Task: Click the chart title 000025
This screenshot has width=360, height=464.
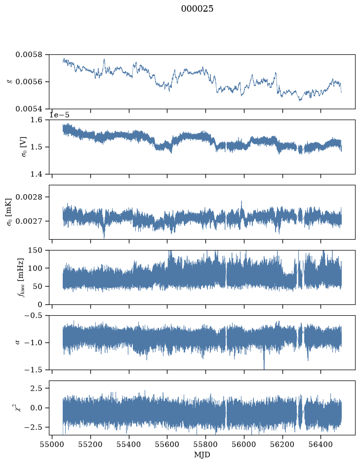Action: tap(197, 9)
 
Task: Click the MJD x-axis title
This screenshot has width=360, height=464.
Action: tap(202, 455)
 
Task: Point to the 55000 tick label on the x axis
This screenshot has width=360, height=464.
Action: tap(52, 444)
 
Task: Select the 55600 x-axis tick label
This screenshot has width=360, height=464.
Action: tap(167, 444)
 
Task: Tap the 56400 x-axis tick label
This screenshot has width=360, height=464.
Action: tap(321, 444)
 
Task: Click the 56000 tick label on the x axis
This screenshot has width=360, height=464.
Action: tap(244, 444)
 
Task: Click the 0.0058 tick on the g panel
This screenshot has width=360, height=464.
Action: tap(29, 55)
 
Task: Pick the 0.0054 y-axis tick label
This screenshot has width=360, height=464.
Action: tap(29, 109)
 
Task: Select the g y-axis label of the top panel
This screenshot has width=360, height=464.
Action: tap(10, 82)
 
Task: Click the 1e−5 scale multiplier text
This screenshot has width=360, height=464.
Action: tap(59, 115)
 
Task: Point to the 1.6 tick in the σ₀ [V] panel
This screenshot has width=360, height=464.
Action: tap(37, 120)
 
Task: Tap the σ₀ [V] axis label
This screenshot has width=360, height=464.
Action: tap(23, 147)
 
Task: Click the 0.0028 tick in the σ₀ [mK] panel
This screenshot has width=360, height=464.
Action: tap(29, 197)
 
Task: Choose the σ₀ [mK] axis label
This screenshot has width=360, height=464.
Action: tap(9, 212)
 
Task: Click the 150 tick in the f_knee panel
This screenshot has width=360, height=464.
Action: tap(35, 251)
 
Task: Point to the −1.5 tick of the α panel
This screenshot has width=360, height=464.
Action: tap(33, 370)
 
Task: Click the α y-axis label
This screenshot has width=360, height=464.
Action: tap(17, 342)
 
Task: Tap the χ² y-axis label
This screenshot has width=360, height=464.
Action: tap(18, 408)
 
